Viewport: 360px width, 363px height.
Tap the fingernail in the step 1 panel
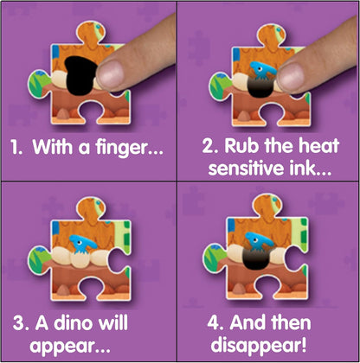[110, 75]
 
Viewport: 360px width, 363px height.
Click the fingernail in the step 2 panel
[291, 78]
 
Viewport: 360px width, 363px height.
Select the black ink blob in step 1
[80, 76]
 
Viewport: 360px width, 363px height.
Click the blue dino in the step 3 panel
[82, 245]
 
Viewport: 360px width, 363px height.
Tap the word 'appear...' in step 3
[70, 346]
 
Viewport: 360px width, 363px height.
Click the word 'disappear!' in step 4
[259, 345]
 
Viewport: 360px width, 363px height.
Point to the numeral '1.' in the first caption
[16, 147]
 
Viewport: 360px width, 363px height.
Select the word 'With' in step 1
[53, 147]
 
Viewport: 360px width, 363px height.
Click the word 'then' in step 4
[291, 322]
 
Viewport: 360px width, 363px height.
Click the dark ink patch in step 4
[256, 258]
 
